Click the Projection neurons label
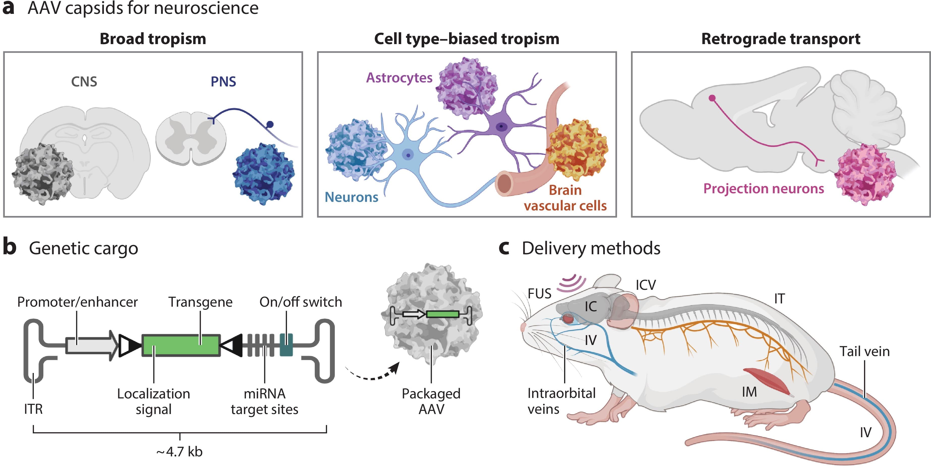point(763,188)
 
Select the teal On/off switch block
point(286,345)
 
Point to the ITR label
point(33,409)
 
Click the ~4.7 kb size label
point(180,452)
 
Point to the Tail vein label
point(864,351)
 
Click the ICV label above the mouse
point(646,285)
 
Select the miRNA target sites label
point(265,401)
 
